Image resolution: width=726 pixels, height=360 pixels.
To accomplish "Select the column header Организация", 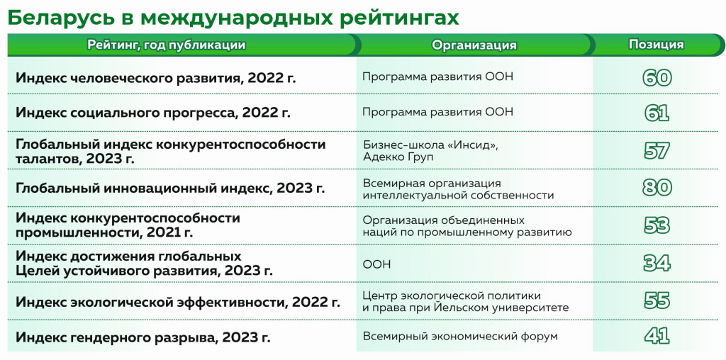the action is click(474, 45).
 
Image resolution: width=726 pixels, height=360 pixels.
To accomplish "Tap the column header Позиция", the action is click(656, 45).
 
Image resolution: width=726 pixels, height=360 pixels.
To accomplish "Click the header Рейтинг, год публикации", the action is click(167, 45).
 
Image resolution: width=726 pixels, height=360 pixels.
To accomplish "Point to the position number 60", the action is click(657, 77).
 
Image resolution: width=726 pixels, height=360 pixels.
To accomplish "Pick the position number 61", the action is click(657, 113).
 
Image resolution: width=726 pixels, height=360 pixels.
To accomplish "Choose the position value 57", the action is click(657, 151).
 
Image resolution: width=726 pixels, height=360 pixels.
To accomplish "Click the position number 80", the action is click(657, 188).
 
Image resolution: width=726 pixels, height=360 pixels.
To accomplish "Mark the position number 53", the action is click(657, 225).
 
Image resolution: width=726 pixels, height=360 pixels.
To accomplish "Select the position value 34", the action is click(657, 264).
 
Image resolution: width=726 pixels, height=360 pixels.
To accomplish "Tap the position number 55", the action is click(657, 300).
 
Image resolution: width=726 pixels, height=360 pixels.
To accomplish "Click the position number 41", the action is click(657, 336).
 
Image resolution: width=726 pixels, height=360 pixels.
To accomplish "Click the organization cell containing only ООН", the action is click(376, 264).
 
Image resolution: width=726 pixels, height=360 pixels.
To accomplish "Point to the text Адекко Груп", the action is click(398, 158).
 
